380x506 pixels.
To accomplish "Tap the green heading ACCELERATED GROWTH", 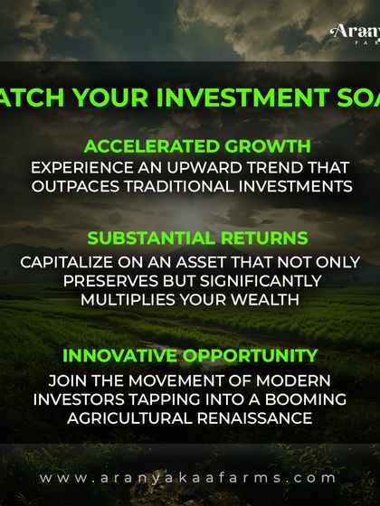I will pos(197,146).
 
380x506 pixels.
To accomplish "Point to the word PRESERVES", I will pos(110,281).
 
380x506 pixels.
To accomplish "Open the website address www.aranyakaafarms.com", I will pos(189,477).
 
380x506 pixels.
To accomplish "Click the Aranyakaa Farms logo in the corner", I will pos(355,33).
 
